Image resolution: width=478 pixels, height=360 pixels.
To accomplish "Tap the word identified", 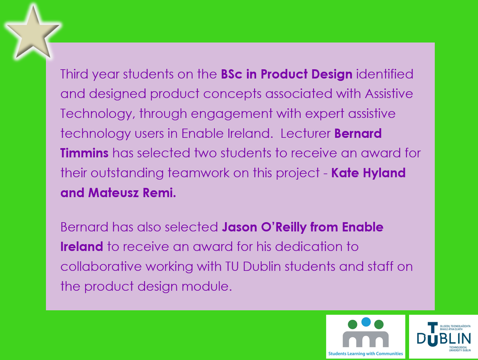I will click(384, 74).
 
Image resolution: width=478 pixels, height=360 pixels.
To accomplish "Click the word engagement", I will click(232, 114).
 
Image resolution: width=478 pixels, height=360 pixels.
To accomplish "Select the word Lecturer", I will click(305, 133).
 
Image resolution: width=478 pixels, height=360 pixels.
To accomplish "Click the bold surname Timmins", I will click(84, 153).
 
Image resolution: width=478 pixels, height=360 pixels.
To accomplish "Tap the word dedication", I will click(302, 247).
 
